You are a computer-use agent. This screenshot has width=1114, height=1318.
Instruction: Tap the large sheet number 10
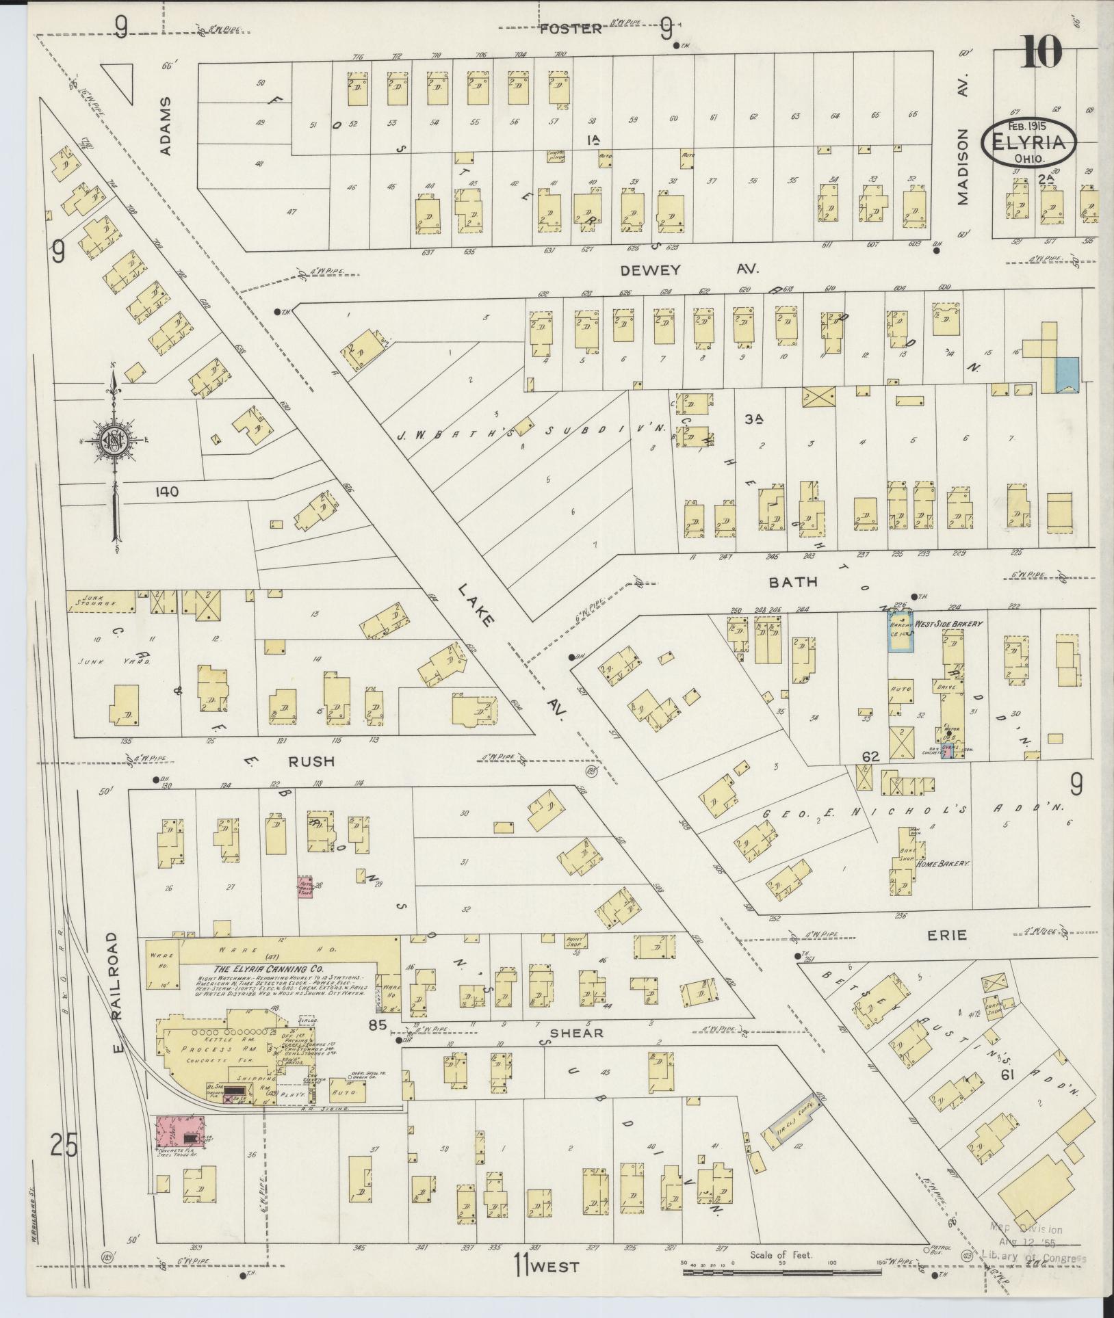(x=1042, y=51)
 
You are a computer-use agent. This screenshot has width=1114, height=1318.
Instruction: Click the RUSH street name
(x=311, y=761)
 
